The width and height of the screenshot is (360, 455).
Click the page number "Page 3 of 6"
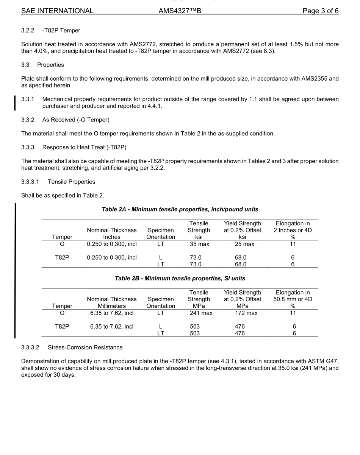pyautogui.click(x=320, y=11)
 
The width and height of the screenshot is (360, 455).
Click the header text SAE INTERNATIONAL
pyautogui.click(x=57, y=11)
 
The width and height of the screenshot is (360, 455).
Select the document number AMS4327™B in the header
pyautogui.click(x=180, y=11)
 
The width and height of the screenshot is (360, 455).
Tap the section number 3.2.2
pyautogui.click(x=28, y=30)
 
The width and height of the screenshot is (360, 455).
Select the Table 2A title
pyautogui.click(x=180, y=209)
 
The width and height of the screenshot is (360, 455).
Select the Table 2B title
pyautogui.click(x=180, y=278)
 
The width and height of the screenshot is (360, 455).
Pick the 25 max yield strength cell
pyautogui.click(x=244, y=244)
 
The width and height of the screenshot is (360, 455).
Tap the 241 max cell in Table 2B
pyautogui.click(x=201, y=313)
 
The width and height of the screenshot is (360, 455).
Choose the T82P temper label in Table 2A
pyautogui.click(x=62, y=258)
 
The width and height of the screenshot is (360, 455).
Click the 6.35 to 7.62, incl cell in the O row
pyautogui.click(x=112, y=313)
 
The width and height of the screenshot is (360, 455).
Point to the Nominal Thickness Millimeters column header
pyautogui.click(x=112, y=302)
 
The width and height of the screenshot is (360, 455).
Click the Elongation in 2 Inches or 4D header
pyautogui.click(x=293, y=230)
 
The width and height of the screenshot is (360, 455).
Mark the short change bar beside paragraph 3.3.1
pyautogui.click(x=15, y=103)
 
